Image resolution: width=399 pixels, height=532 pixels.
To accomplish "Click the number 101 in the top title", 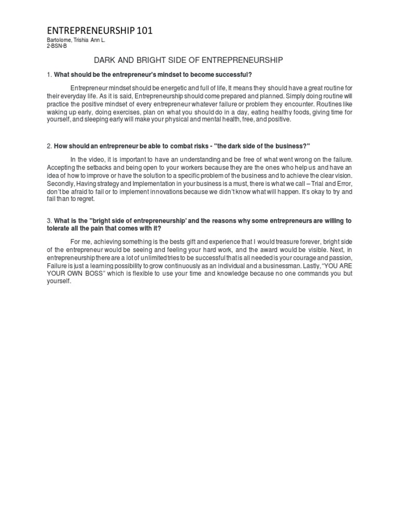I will [x=144, y=32].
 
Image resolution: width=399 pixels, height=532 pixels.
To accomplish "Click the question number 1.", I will [x=48, y=74].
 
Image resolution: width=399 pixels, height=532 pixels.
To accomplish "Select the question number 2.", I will [x=48, y=145].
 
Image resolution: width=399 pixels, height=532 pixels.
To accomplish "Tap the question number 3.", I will [x=48, y=221].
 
